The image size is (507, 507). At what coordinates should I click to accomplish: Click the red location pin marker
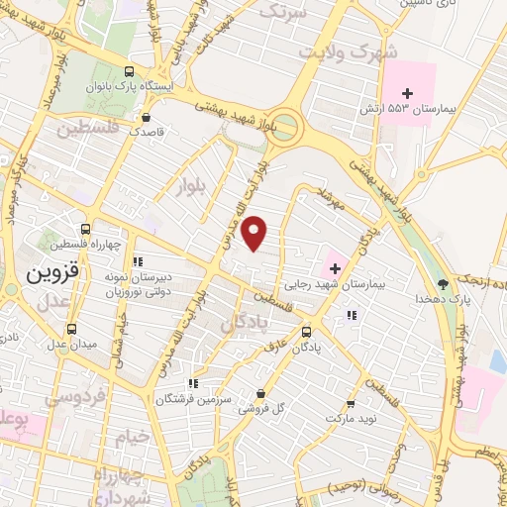[x=255, y=233]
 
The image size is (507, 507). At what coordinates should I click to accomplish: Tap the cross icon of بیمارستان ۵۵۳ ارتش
[x=406, y=93]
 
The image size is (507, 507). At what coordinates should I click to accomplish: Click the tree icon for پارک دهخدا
[x=443, y=283]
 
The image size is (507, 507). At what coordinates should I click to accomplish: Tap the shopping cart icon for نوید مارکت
[x=351, y=404]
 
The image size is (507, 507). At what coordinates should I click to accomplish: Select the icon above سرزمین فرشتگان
[x=193, y=382]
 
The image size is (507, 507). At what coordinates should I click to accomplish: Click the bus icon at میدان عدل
[x=70, y=329]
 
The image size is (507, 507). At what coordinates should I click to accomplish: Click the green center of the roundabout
[x=286, y=125]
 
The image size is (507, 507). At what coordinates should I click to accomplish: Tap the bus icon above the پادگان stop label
[x=306, y=333]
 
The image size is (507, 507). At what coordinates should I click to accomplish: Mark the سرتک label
[x=286, y=11]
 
